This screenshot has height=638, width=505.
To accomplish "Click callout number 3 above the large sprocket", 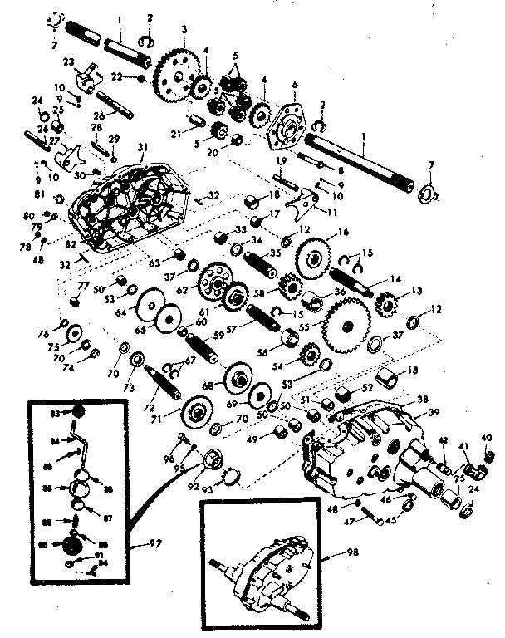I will pyautogui.click(x=182, y=29).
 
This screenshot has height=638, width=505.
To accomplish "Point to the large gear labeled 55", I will pyautogui.click(x=343, y=321).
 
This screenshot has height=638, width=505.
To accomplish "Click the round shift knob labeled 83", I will pyautogui.click(x=76, y=412).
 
